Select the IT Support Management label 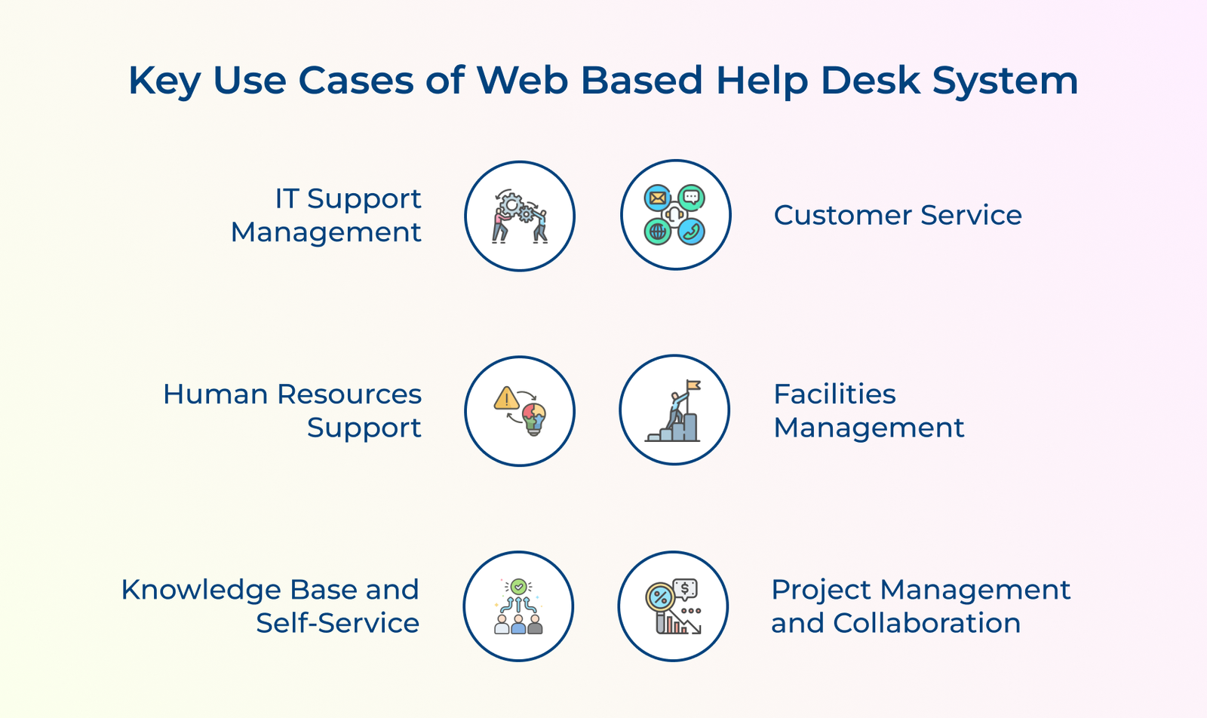(326, 216)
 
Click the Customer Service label (898, 216)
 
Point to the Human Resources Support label (292, 410)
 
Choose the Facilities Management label (868, 410)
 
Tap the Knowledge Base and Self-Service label (270, 606)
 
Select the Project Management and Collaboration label (921, 606)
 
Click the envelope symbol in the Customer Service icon (657, 198)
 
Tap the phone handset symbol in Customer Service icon (691, 232)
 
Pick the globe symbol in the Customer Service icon (657, 232)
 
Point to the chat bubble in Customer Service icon (691, 198)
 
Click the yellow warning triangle (506, 398)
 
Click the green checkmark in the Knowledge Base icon (518, 587)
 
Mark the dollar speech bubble (685, 589)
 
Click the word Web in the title (522, 81)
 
